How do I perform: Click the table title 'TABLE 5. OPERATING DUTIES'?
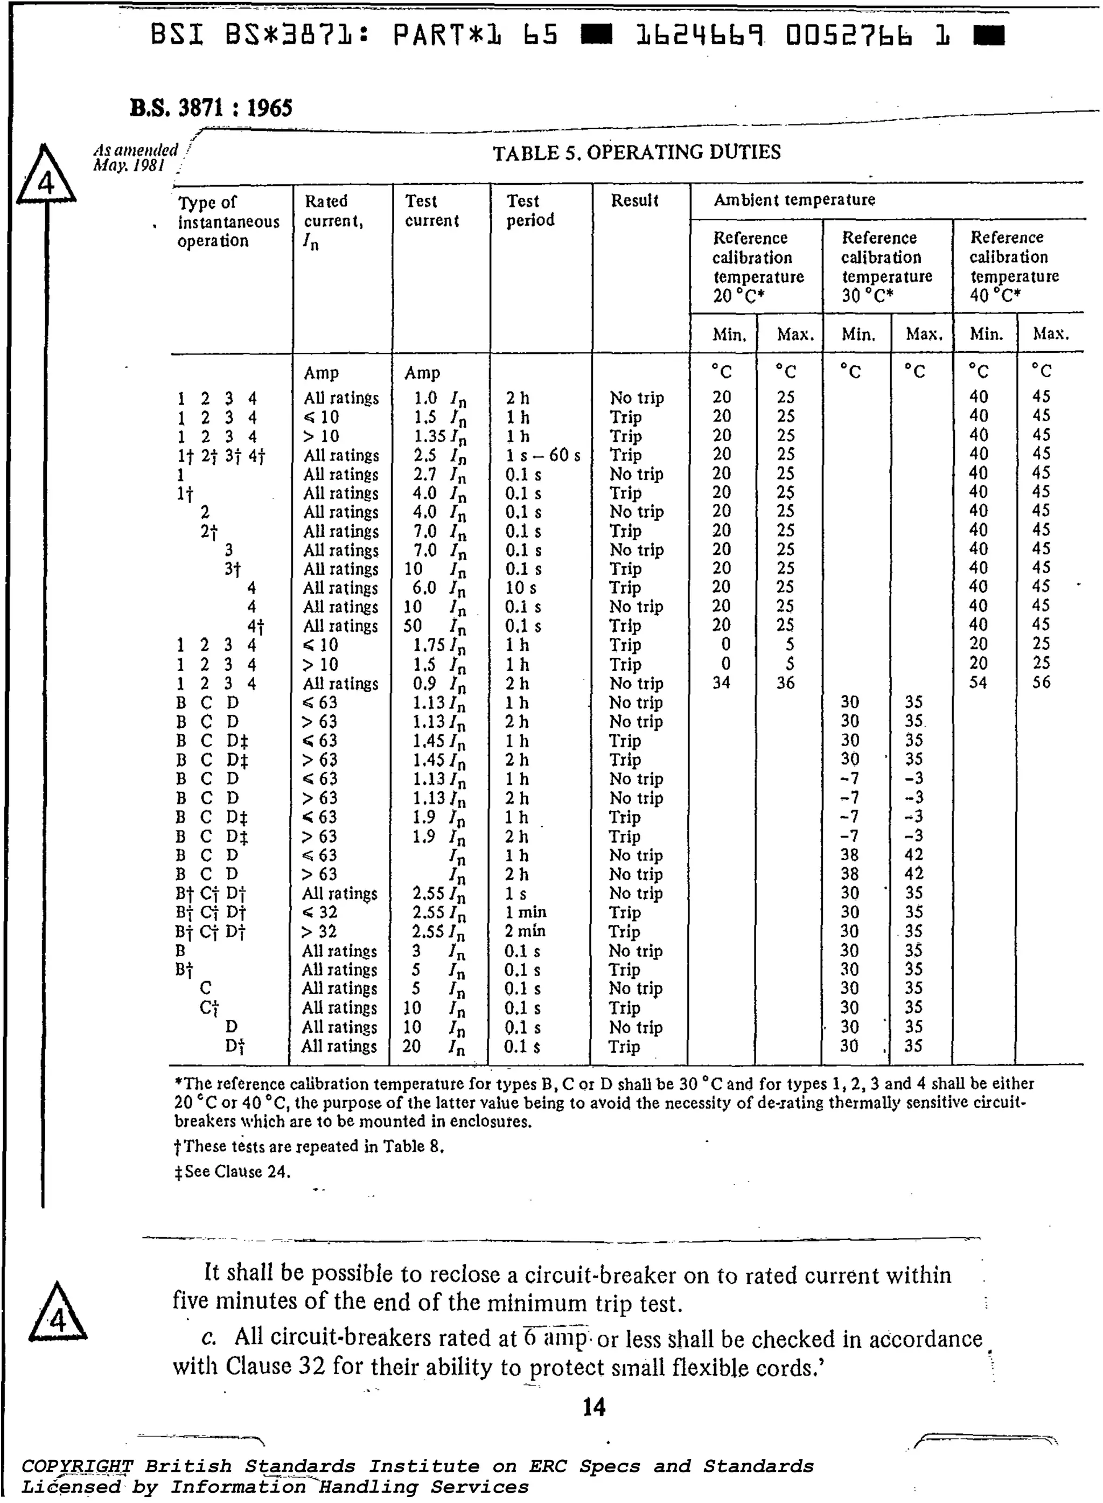point(636,152)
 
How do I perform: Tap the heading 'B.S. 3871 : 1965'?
point(211,108)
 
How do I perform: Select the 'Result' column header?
point(634,200)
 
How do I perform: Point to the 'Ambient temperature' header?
point(794,200)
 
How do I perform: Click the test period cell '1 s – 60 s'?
point(543,455)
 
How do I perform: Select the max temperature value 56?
point(1041,683)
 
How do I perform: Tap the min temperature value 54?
point(978,683)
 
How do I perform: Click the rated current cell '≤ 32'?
point(320,912)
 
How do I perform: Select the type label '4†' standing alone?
point(256,627)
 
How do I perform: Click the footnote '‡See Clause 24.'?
point(232,1172)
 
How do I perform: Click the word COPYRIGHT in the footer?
point(78,1466)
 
